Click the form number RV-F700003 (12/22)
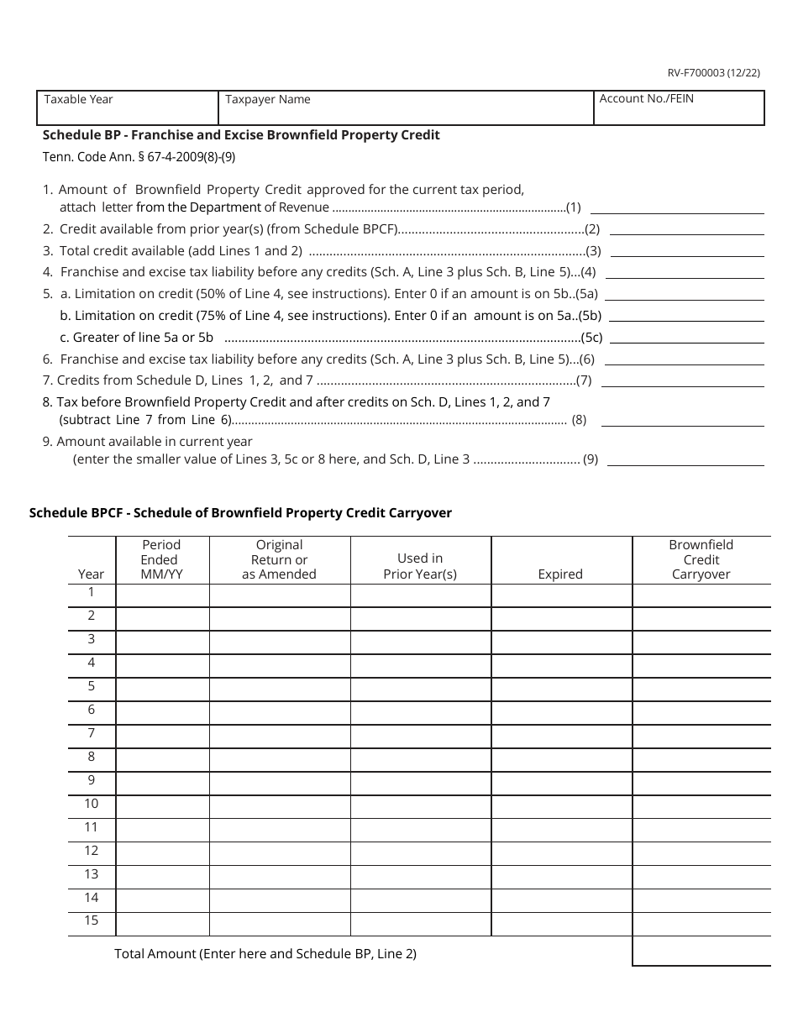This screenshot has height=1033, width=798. point(714,73)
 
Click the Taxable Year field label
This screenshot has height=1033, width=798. point(78,99)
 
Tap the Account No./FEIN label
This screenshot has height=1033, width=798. point(646,98)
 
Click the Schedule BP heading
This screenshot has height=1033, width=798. point(241,134)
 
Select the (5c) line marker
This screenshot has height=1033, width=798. point(592,338)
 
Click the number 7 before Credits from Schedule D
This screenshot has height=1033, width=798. point(47,380)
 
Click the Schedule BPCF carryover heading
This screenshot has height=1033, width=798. point(240,512)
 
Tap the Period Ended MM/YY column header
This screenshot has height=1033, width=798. point(161,559)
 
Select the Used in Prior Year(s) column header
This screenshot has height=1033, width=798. point(420,566)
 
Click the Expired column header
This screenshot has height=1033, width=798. point(560,574)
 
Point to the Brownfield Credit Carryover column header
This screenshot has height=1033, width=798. point(701,559)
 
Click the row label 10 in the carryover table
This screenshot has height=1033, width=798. point(91,804)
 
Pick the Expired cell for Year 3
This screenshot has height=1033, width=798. point(561,642)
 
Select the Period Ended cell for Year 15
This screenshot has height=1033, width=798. point(162,924)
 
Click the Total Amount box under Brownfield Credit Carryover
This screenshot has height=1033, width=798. point(701,951)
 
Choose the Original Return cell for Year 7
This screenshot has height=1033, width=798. point(279,737)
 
